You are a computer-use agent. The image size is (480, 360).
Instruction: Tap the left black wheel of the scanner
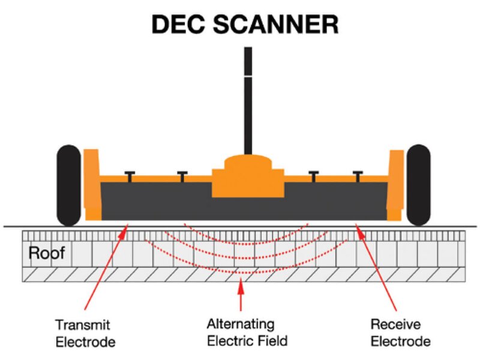click(x=68, y=185)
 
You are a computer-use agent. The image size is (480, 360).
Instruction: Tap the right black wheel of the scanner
click(x=418, y=185)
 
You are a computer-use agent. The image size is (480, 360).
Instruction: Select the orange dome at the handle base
click(x=248, y=165)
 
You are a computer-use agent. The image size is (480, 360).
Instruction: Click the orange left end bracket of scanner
click(x=92, y=183)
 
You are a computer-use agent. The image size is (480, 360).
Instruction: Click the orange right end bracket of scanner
click(x=395, y=183)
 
